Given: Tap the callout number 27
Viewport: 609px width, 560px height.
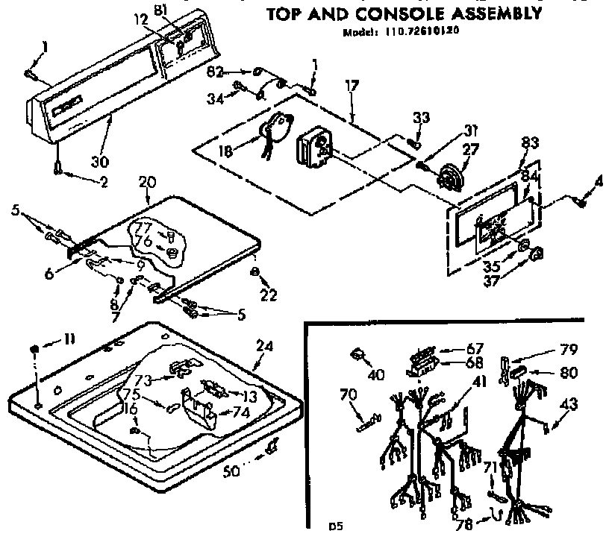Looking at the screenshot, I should (471, 150).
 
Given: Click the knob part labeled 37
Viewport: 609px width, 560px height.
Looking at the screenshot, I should (533, 257).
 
